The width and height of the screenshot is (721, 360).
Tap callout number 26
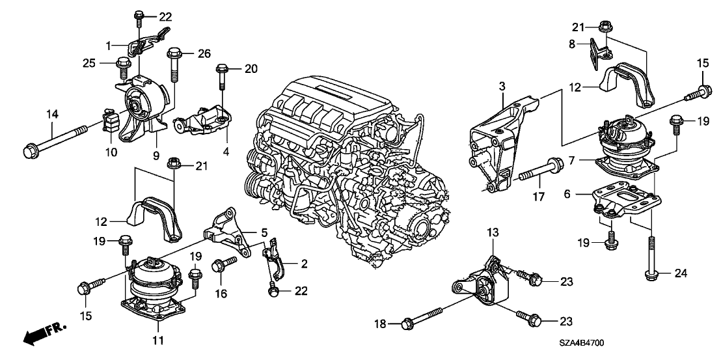point(187,53)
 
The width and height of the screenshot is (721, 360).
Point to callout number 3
point(502,86)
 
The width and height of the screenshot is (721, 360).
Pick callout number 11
point(158,339)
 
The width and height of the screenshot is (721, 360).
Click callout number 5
point(264,232)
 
